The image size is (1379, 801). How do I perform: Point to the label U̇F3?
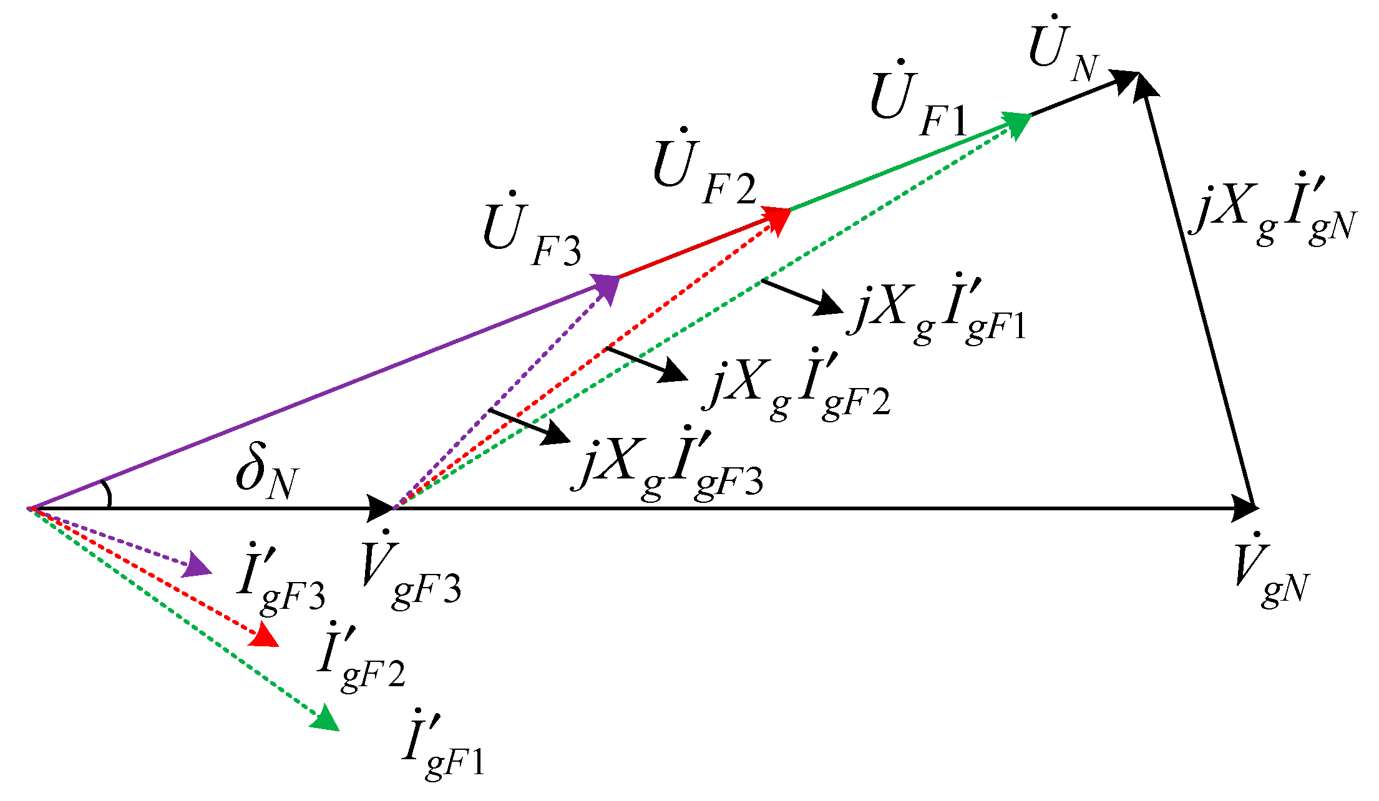[x=532, y=229]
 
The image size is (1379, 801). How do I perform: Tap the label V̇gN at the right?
[x=1271, y=569]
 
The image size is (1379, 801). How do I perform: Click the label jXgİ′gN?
[x=1273, y=211]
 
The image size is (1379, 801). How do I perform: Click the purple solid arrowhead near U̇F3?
[x=605, y=287]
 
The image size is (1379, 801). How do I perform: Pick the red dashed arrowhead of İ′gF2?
[x=263, y=635]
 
